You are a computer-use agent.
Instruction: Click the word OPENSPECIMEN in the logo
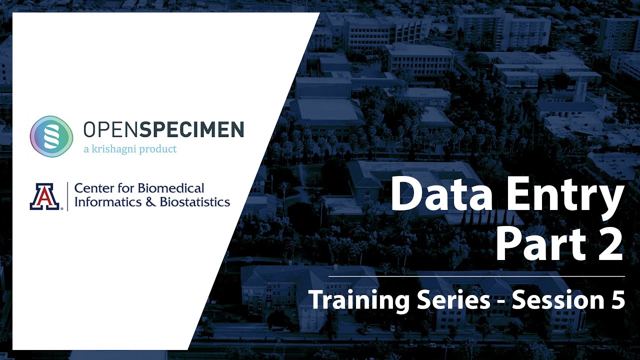163,130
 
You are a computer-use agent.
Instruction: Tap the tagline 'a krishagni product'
130,149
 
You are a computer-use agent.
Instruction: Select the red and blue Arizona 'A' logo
44,196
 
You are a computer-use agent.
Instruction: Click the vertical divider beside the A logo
67,195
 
